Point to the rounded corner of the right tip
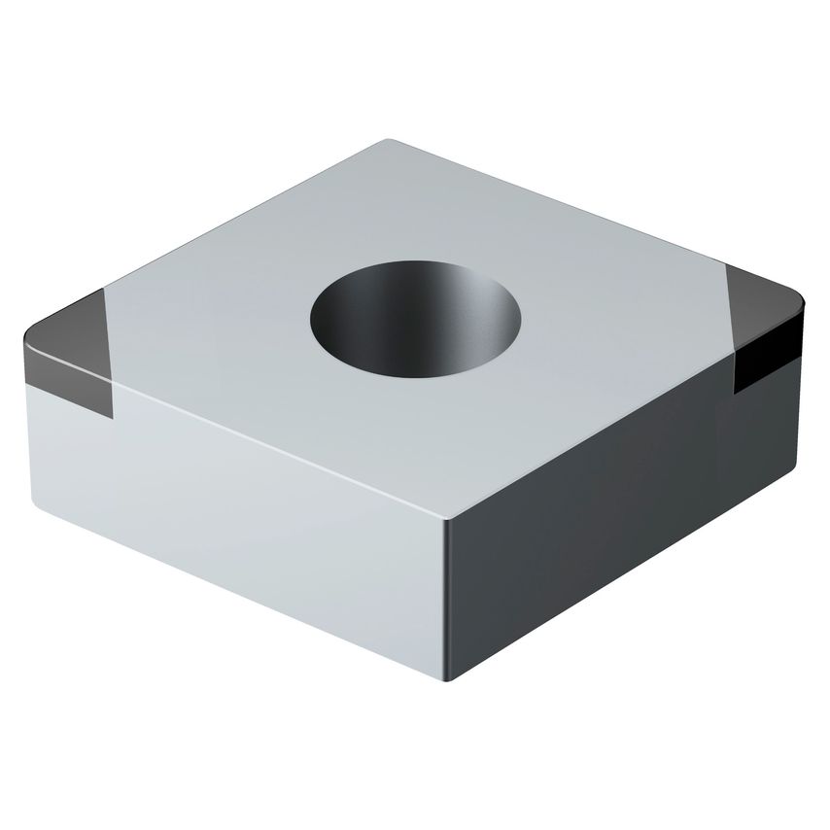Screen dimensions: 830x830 pyautogui.click(x=801, y=307)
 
